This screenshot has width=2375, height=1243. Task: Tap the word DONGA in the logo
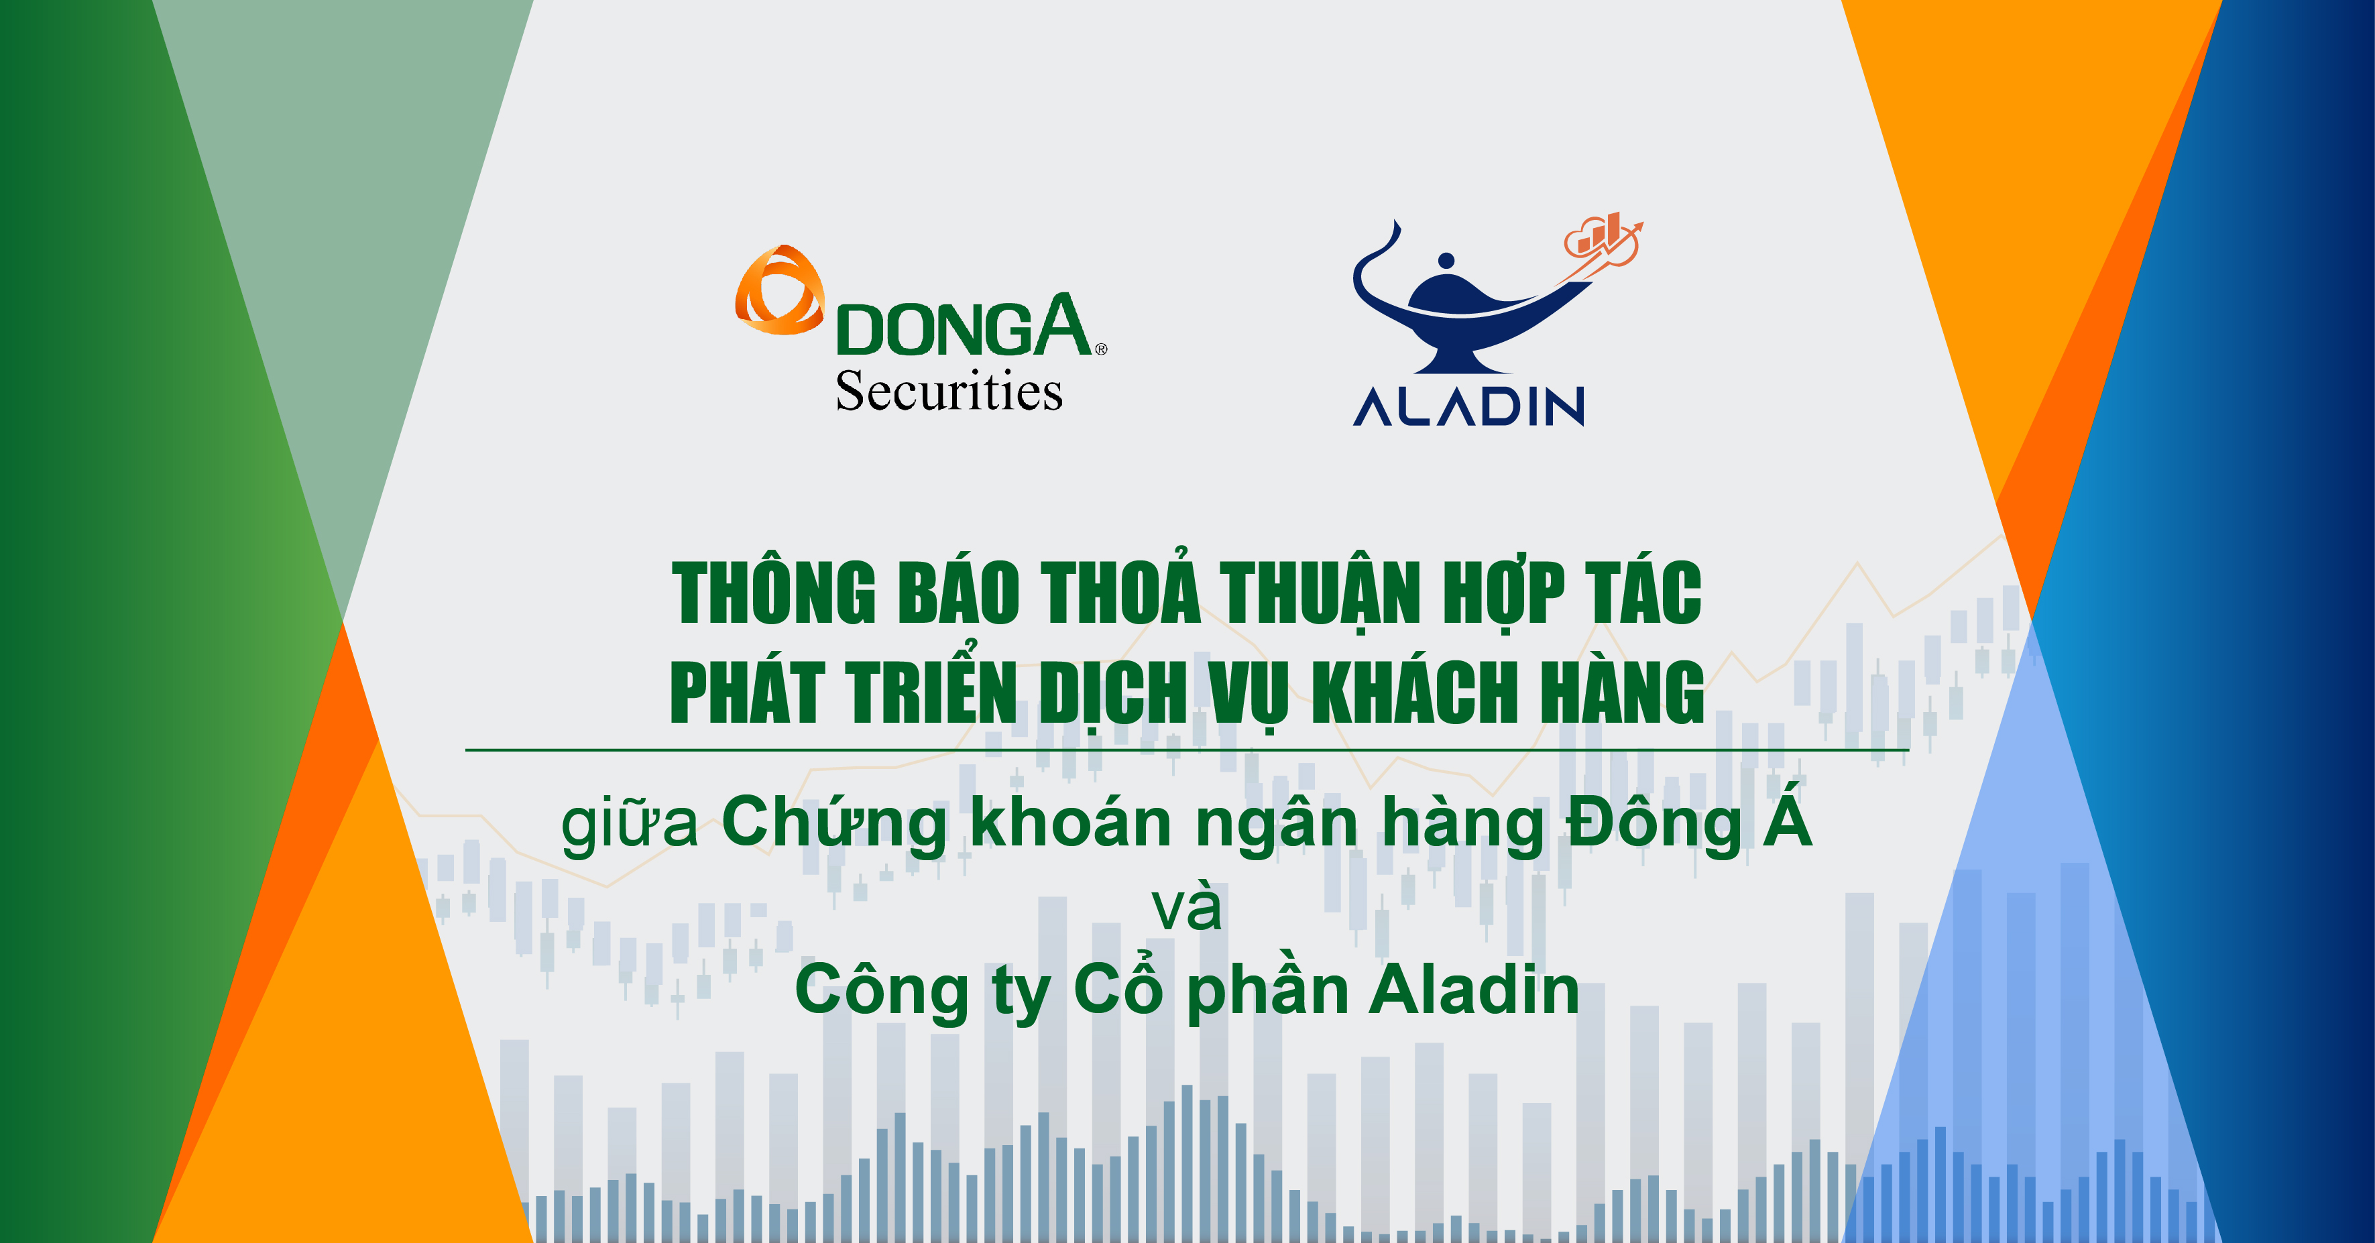964,327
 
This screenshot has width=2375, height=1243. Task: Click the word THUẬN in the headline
1320,593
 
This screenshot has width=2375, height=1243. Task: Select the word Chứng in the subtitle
833,823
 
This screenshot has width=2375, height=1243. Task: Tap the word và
1187,908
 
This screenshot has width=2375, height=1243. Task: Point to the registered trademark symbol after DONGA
1101,349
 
